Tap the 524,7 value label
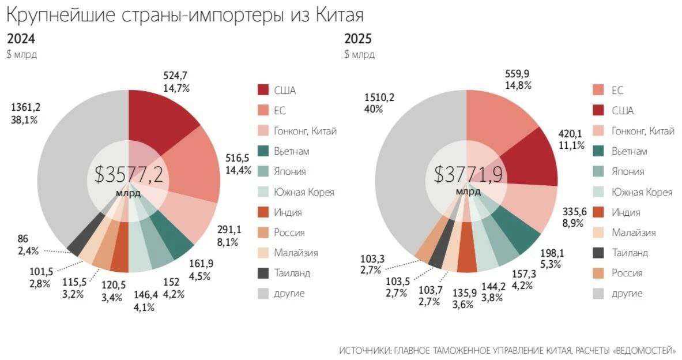(x=176, y=75)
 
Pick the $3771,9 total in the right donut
(x=466, y=174)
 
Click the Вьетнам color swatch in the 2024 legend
(x=263, y=151)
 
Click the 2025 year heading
(x=357, y=39)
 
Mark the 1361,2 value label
(x=26, y=107)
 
